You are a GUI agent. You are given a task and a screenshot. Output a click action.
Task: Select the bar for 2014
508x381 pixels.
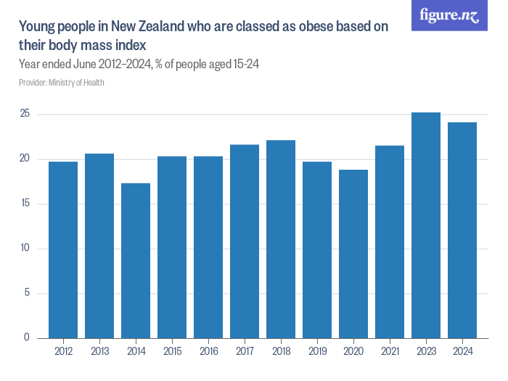[136, 261]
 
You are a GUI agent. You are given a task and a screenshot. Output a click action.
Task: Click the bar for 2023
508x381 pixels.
[426, 225]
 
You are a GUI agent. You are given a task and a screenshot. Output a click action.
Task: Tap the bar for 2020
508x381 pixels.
[353, 254]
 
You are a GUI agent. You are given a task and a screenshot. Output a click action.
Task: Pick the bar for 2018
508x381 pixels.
[281, 239]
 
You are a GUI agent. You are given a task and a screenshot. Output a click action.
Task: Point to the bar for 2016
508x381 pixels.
[208, 247]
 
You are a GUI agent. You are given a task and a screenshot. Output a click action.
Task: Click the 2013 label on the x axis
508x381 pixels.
[99, 351]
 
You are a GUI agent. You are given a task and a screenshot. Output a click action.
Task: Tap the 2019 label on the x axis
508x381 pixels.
[317, 351]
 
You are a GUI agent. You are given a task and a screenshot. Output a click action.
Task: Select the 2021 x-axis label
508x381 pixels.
[390, 351]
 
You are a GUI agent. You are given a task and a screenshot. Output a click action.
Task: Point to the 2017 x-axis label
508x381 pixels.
[245, 351]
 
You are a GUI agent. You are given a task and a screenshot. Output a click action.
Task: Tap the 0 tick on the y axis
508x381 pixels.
[27, 337]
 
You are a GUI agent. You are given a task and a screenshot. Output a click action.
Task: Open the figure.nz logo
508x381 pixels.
[449, 15]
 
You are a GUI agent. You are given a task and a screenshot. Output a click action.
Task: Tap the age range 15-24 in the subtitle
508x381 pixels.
[245, 64]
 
